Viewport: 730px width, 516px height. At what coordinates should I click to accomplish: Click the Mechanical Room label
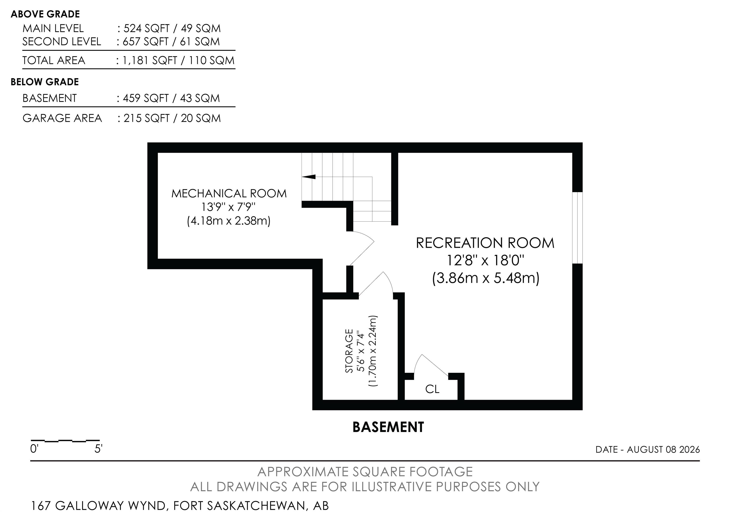(229, 193)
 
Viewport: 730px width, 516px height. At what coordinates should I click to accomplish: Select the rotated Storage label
(349, 351)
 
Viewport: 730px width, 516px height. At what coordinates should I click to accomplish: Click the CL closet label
(432, 389)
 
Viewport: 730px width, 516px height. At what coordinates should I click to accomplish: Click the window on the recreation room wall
(577, 228)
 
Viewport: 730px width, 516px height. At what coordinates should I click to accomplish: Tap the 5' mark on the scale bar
(98, 449)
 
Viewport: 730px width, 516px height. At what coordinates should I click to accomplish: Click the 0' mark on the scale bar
(34, 449)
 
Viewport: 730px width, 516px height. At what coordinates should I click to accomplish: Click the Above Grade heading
(45, 14)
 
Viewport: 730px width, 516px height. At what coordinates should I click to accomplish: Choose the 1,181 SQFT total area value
(149, 60)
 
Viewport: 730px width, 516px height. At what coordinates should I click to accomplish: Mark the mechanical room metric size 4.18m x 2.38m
(229, 220)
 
